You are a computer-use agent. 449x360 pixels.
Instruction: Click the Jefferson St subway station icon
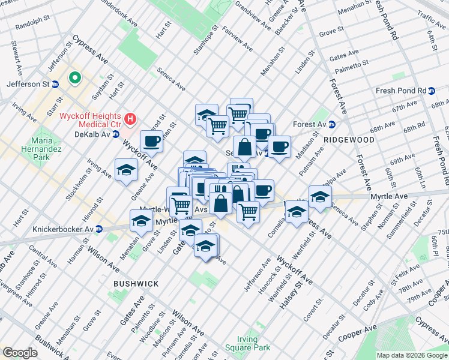point(55,85)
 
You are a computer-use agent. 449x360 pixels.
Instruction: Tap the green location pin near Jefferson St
point(75,77)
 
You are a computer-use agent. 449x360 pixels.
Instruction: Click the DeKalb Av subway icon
point(116,134)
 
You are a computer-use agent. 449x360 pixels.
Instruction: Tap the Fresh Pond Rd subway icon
point(431,91)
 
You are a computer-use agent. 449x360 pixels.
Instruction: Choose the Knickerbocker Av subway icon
point(99,229)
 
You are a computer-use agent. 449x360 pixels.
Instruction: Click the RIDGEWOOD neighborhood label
point(349,140)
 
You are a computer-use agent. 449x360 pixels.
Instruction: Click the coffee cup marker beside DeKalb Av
point(151,142)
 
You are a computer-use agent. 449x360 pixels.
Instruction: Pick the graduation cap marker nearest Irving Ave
point(126,170)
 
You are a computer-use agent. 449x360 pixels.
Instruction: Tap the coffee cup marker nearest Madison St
point(279,146)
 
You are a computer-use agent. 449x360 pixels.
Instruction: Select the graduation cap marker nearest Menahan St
point(141,221)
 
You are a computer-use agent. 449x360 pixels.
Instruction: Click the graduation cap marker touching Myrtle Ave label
point(320,196)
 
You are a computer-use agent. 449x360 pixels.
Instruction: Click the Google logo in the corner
point(20,353)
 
